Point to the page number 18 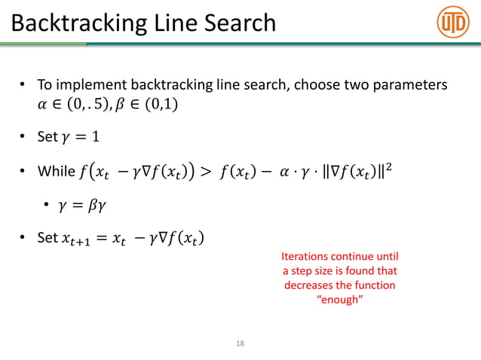240,343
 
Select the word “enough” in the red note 339,301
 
